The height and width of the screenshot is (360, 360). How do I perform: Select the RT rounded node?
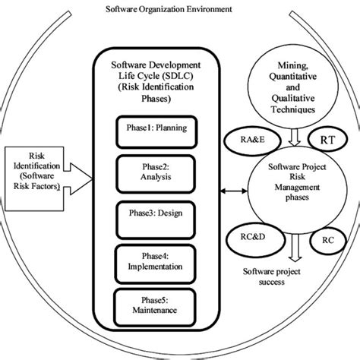point(329,141)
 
